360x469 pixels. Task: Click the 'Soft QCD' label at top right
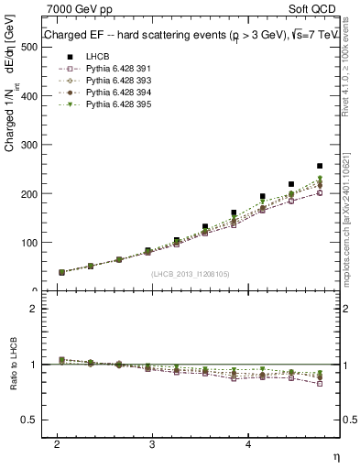pyautogui.click(x=311, y=8)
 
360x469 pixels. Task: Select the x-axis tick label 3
pyautogui.click(x=152, y=442)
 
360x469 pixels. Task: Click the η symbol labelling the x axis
pyautogui.click(x=334, y=455)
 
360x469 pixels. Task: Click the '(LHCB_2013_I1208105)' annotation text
pyautogui.click(x=190, y=274)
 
